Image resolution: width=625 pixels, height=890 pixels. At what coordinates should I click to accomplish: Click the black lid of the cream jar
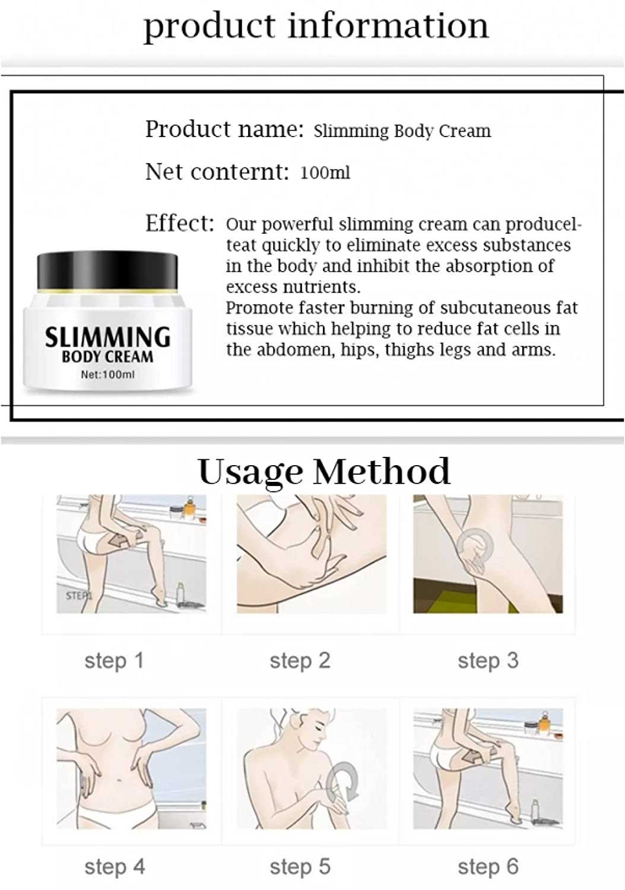[107, 271]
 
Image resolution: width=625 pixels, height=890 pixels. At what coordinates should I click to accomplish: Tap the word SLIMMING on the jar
[107, 337]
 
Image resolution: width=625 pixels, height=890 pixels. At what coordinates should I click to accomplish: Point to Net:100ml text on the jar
[108, 374]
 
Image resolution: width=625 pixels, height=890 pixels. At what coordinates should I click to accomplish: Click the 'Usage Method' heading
[324, 472]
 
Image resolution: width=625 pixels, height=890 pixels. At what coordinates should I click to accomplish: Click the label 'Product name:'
[224, 129]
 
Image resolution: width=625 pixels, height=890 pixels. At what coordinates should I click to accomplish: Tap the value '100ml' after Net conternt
[325, 173]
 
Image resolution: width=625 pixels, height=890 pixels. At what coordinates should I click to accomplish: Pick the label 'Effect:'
[180, 223]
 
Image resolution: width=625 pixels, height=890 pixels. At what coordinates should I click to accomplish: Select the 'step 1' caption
[114, 661]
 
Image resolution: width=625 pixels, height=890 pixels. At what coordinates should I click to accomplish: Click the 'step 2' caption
[300, 661]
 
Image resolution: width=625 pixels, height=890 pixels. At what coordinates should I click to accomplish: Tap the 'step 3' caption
[488, 661]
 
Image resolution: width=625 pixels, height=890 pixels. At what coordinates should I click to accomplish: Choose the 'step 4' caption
[115, 866]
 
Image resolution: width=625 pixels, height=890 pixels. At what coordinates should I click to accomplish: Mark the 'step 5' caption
[300, 866]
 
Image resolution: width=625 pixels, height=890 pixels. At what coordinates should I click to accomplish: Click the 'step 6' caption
[488, 866]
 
